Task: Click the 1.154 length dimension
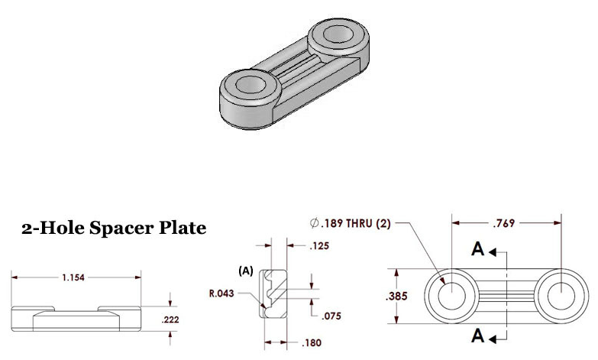coord(73,277)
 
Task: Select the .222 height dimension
coord(170,319)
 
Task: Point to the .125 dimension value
coord(319,246)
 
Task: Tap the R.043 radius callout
coord(221,294)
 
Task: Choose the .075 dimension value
coord(331,316)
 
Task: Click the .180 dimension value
coord(312,343)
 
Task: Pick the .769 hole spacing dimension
coord(504,223)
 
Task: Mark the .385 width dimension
coord(396,297)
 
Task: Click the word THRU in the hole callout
coord(359,223)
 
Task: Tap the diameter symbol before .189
coord(314,223)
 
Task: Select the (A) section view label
coord(246,271)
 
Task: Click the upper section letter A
coord(478,249)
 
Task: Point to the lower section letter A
coord(478,336)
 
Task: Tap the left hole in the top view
coord(452,296)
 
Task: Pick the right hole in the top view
coord(561,296)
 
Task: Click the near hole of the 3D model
coord(251,84)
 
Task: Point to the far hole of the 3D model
coord(338,34)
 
